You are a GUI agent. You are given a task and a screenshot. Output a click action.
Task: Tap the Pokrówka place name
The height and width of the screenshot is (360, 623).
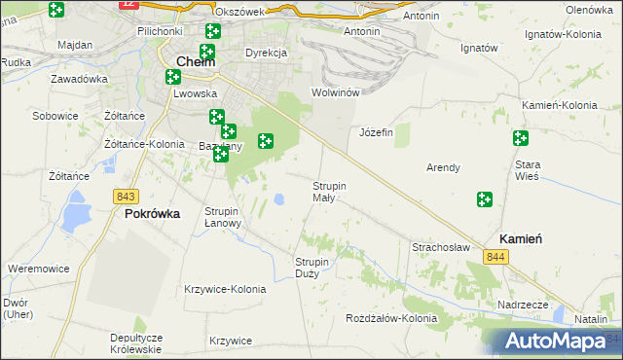(152, 215)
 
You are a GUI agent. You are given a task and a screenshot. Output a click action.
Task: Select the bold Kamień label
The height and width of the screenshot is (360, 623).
(521, 238)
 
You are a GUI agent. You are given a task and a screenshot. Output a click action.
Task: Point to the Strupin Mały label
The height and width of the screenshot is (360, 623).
(329, 192)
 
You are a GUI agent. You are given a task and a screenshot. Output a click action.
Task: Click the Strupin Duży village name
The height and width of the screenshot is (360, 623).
(313, 267)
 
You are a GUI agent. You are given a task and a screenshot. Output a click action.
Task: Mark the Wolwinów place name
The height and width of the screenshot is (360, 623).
(336, 92)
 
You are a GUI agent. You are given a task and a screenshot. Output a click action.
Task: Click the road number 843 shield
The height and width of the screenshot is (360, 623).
(125, 196)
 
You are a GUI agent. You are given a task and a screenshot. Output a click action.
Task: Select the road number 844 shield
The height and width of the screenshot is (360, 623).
(496, 256)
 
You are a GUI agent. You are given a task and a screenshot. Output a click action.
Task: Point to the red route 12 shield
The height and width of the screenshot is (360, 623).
(128, 4)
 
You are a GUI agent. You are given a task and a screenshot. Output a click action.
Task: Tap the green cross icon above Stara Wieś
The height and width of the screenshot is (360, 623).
(520, 138)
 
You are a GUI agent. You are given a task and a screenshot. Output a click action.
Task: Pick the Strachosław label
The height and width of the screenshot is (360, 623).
(441, 247)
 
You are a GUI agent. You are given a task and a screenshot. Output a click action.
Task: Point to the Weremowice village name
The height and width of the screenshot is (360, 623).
(36, 268)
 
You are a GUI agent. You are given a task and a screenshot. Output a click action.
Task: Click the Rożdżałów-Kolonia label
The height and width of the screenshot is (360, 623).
(391, 318)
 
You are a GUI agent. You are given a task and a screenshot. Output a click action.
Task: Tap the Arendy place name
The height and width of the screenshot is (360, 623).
(443, 167)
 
